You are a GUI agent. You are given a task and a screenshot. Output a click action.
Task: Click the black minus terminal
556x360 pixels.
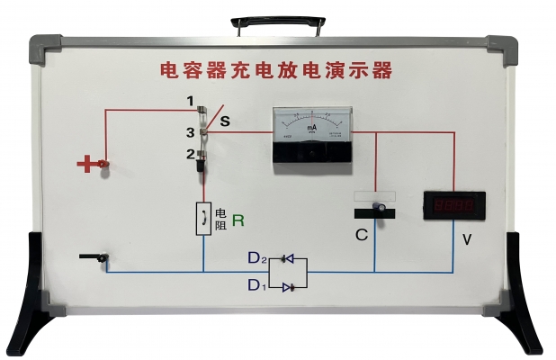click(93, 259)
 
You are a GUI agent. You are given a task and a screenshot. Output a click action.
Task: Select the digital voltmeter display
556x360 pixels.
click(454, 206)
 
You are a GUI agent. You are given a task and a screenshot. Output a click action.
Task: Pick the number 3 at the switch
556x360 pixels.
click(191, 132)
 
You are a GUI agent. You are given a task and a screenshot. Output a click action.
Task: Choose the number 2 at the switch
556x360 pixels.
click(191, 154)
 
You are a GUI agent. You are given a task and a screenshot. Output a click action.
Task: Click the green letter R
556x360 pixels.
click(238, 219)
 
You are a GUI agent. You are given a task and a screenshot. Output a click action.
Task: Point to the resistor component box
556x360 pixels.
click(203, 218)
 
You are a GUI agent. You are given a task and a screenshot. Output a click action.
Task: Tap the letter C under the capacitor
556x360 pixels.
click(361, 236)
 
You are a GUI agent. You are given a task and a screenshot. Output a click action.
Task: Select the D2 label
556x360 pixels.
click(258, 258)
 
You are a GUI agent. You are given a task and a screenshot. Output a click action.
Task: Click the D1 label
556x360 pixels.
click(258, 285)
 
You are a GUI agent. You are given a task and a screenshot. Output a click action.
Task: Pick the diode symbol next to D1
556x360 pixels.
click(287, 287)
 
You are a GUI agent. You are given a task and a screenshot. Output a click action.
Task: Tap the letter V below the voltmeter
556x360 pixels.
click(466, 239)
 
